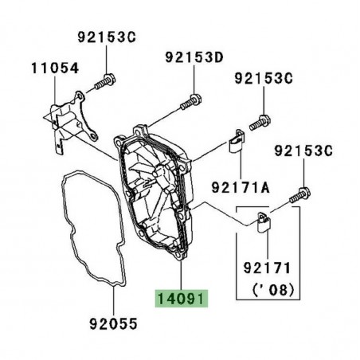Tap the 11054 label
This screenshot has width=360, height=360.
click(55, 68)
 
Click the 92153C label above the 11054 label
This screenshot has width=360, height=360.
click(107, 37)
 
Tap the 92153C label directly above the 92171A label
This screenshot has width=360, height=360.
click(265, 78)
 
